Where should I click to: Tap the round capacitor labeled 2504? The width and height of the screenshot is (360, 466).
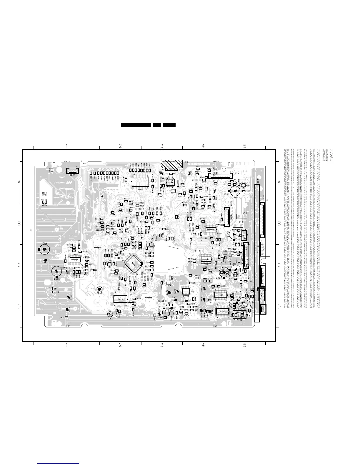[44, 249]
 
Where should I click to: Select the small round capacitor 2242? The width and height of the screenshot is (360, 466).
[99, 289]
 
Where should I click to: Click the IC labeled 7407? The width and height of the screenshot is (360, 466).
[223, 311]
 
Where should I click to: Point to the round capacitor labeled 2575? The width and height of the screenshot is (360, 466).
[56, 271]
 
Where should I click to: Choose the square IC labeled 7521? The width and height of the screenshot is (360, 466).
[186, 291]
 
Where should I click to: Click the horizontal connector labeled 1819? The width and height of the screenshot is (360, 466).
[219, 175]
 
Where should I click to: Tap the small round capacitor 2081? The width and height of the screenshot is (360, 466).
[110, 314]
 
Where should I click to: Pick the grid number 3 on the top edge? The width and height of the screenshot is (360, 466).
[162, 146]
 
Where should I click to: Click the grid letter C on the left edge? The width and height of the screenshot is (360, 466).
[19, 265]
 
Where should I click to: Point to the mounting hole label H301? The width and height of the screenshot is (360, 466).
[68, 326]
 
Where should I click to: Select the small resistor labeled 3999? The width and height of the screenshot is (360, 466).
[44, 195]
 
